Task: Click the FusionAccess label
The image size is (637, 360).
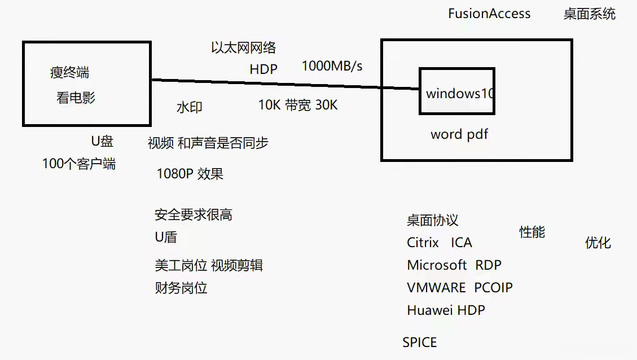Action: [489, 14]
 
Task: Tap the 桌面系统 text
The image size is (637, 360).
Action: [590, 14]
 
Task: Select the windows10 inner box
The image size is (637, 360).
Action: [457, 68]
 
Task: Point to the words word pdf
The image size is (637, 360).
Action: [459, 134]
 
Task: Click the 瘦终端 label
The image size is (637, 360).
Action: [69, 72]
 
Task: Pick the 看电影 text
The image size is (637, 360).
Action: [76, 98]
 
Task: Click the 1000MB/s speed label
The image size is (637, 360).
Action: [332, 66]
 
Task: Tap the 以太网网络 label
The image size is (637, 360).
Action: [243, 47]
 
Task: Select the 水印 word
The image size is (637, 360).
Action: [190, 107]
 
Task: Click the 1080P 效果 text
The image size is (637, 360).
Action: [190, 174]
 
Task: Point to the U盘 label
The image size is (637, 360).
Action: [102, 141]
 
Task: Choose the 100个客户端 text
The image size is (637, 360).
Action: [79, 163]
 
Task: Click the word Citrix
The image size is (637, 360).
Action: [423, 243]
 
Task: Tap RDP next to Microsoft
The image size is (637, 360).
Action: [488, 265]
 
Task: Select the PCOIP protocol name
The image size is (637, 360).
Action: [493, 288]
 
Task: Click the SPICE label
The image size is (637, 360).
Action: [420, 343]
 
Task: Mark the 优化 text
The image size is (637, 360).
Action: [598, 243]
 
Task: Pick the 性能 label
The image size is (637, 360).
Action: [532, 232]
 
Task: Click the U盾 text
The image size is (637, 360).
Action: [166, 237]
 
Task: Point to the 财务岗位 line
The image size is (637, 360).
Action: [181, 288]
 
